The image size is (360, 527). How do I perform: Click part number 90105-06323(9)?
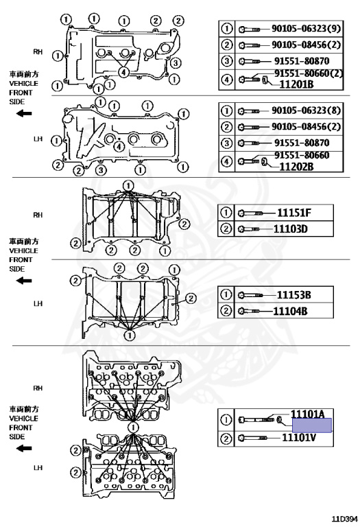[306, 28]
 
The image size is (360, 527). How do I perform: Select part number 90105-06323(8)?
[306, 110]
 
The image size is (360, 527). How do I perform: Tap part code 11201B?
[296, 84]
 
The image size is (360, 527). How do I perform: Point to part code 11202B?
[296, 166]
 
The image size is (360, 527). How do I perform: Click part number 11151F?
[294, 213]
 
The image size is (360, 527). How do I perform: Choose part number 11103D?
[291, 229]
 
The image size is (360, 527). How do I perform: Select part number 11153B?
[294, 295]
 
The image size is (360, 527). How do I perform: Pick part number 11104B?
[290, 311]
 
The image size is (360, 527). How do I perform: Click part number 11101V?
[298, 438]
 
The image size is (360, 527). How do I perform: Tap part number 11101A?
[308, 414]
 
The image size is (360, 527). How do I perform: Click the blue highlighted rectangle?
[312, 425]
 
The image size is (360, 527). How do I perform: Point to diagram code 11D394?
[345, 519]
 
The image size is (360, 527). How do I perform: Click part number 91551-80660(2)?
[309, 73]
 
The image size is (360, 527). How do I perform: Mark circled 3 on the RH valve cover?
[176, 62]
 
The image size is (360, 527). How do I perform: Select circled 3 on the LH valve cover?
[101, 170]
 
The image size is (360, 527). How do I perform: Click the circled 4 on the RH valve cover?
[124, 72]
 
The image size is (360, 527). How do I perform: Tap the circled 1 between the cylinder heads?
[133, 428]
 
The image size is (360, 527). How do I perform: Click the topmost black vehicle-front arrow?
[24, 114]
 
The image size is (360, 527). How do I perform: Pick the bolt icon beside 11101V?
[253, 438]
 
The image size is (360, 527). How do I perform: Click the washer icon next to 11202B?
[264, 162]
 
